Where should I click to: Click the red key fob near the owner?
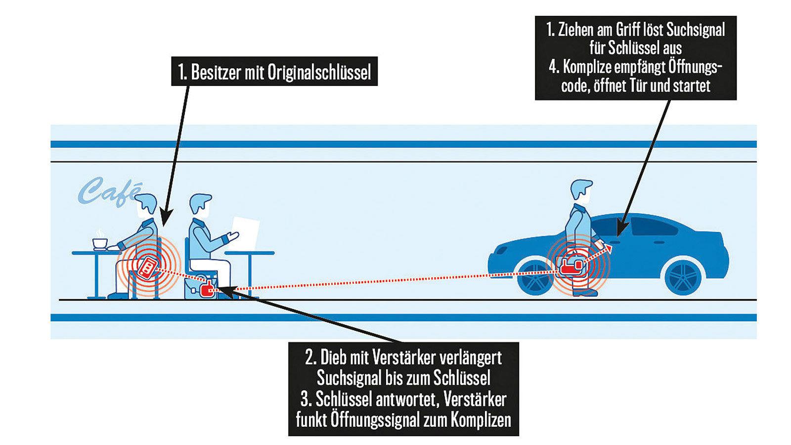pos(147,267)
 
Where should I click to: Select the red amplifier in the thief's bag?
pos(208,289)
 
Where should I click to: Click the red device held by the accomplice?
pos(572,265)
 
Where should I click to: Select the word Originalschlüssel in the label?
pos(319,73)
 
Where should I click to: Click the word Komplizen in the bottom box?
pos(481,420)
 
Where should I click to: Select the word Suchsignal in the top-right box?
pos(696,30)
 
